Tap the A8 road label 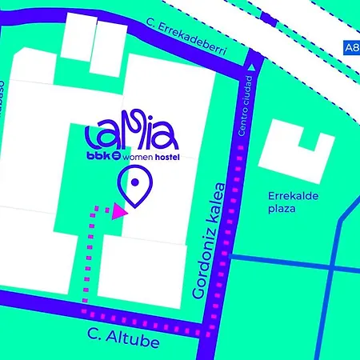click(351, 47)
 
